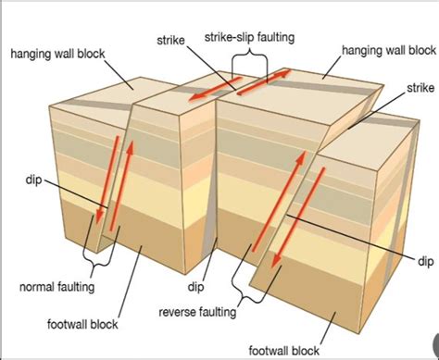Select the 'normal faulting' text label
click(x=56, y=287)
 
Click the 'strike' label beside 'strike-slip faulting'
click(x=171, y=39)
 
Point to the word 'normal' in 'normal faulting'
click(x=38, y=287)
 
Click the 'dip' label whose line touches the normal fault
click(x=32, y=179)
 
